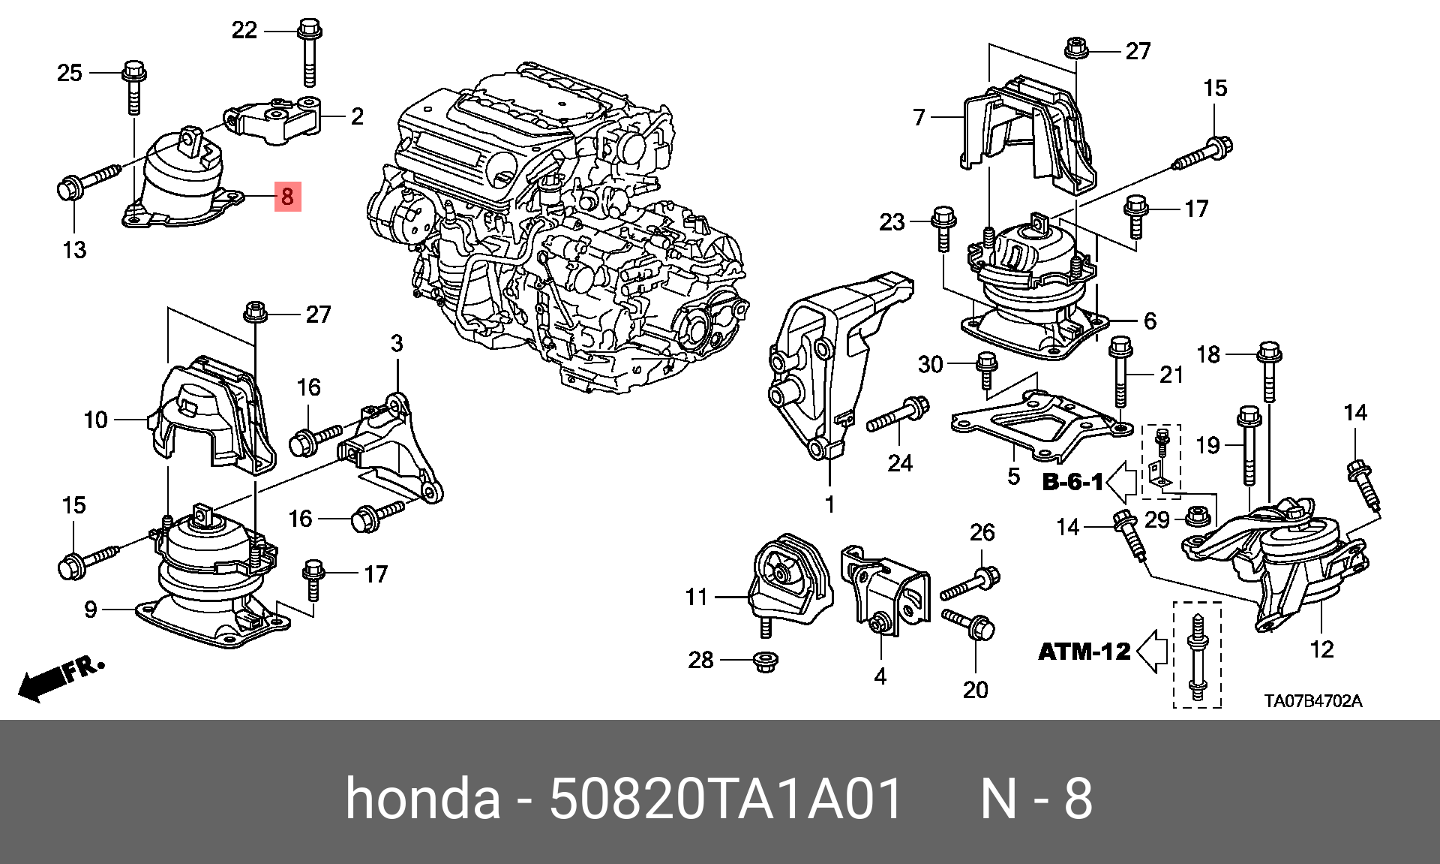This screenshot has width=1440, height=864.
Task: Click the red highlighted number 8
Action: point(287,197)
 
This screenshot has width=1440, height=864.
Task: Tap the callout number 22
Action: point(244,30)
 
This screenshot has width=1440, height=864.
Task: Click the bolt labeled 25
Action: point(133,86)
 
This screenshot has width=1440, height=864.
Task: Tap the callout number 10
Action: point(96,420)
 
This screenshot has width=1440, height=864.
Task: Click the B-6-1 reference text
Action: point(1072,481)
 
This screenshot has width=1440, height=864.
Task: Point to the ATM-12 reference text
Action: point(1084,651)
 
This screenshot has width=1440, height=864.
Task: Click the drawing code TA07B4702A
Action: point(1312,702)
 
